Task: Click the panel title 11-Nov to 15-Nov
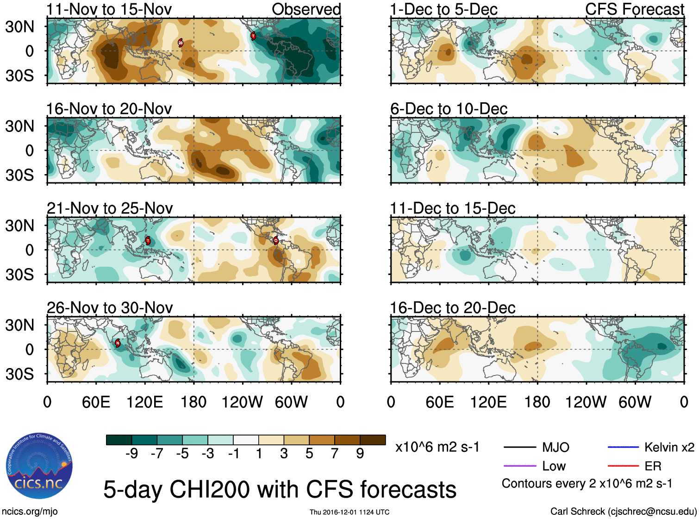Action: [109, 9]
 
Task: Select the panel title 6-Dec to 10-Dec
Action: [449, 109]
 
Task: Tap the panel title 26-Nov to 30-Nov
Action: [110, 307]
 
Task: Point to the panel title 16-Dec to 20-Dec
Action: [452, 307]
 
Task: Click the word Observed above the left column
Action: [306, 9]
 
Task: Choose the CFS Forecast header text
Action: [634, 9]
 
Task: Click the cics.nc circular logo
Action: [39, 466]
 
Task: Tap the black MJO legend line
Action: [519, 447]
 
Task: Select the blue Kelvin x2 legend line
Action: [623, 447]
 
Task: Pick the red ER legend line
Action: [623, 466]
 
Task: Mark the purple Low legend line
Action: [519, 466]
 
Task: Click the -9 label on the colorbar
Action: [131, 454]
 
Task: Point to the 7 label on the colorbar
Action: [335, 454]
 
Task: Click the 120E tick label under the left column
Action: [144, 402]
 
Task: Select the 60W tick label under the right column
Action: [635, 402]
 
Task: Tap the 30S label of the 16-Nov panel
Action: [19, 175]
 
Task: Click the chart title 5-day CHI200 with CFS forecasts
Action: [280, 489]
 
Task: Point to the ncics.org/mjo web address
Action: [30, 512]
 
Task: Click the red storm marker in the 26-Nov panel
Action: [118, 343]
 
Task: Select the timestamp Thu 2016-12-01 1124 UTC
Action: [349, 512]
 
